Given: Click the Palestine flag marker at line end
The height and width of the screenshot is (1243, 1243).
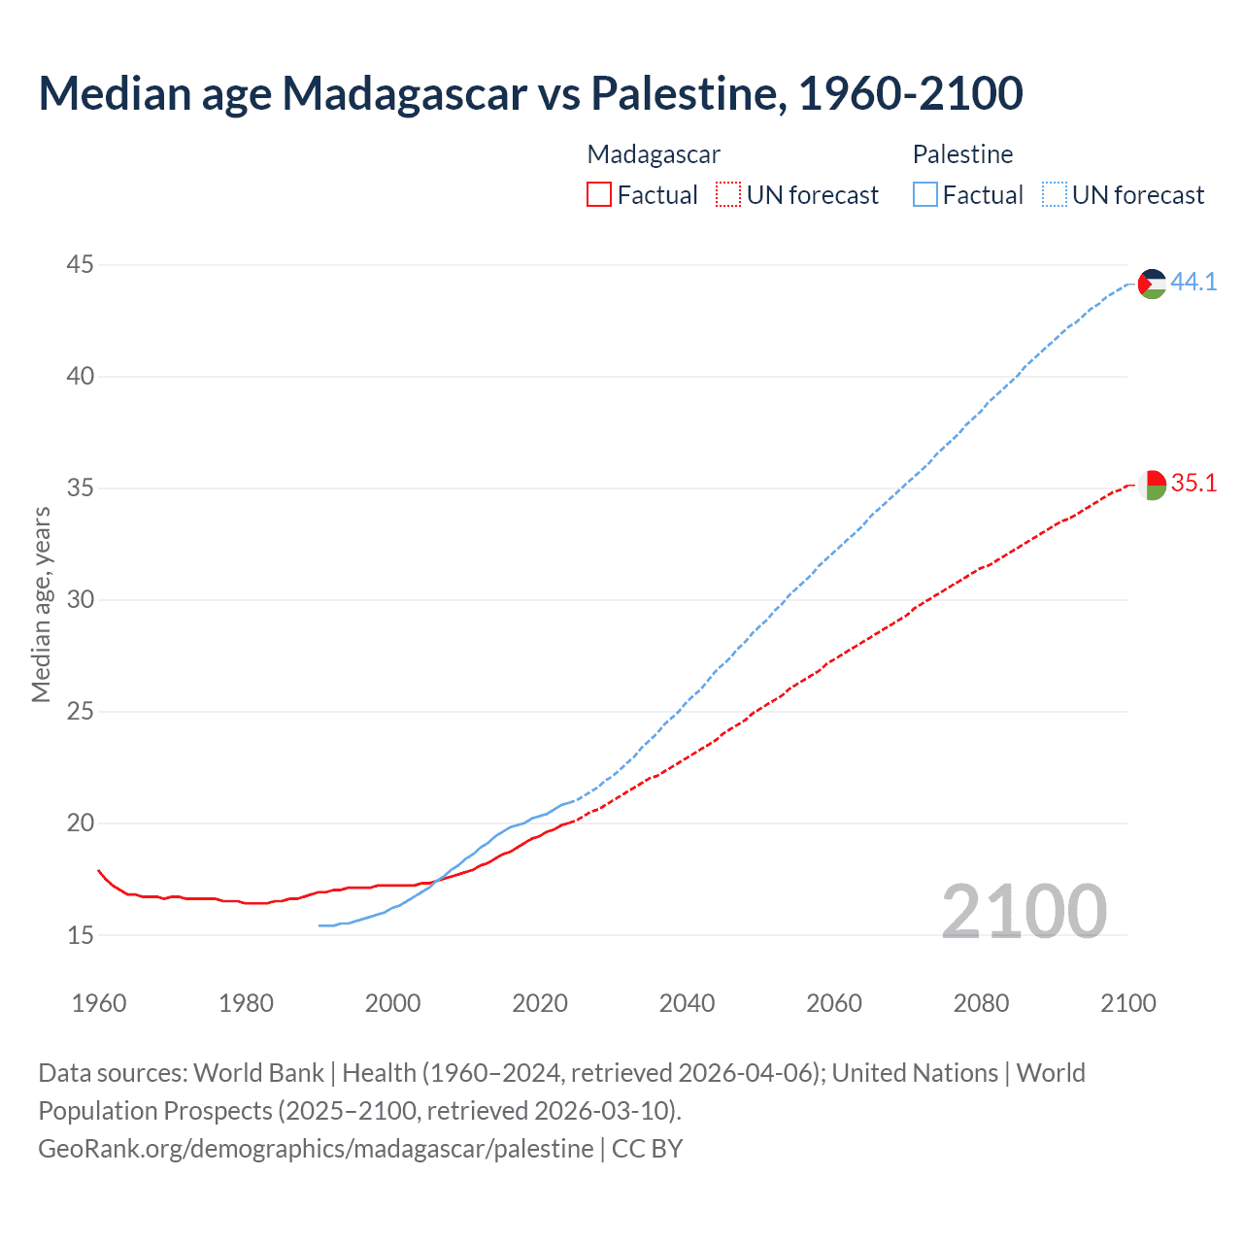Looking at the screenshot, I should [1152, 284].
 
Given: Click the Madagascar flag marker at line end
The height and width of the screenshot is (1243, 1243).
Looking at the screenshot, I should [1152, 485].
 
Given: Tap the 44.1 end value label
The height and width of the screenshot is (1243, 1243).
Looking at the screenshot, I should [1193, 283].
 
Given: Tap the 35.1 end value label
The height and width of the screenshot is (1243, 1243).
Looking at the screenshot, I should [1193, 484].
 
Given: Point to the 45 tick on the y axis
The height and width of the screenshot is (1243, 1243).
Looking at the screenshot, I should [81, 264].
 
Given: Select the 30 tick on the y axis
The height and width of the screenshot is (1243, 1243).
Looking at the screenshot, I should [81, 599].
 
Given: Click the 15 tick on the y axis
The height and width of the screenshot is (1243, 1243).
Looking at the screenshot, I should [81, 935].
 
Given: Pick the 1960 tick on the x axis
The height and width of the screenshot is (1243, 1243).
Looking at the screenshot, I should [99, 1003].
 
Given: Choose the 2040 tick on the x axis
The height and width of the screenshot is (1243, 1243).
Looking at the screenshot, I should [687, 1003].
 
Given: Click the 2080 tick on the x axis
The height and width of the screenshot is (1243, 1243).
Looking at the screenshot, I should [981, 1003].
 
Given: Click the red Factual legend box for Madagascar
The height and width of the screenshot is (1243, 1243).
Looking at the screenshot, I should [599, 195].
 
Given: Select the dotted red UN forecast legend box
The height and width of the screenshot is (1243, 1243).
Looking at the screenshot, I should [728, 195].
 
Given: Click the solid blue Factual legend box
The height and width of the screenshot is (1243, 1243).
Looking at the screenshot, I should [925, 195].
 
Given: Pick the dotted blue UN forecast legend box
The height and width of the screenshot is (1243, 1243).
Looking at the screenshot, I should [1055, 195].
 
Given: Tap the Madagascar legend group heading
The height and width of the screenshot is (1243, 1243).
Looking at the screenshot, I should [654, 154].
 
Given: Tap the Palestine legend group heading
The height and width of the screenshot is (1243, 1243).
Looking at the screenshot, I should [962, 154].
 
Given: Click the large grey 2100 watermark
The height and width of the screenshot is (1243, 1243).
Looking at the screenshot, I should [1024, 911].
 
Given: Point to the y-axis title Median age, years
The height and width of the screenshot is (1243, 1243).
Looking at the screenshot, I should [41, 604].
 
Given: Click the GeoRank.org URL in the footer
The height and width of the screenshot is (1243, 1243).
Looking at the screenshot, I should [316, 1149].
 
